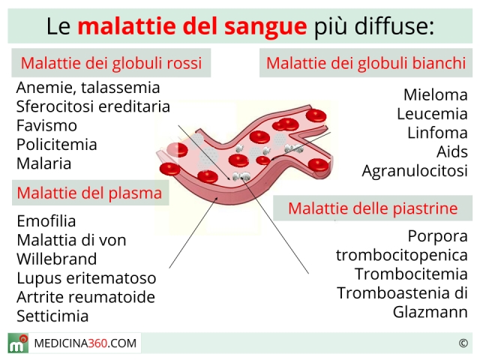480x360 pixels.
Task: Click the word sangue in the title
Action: [x=265, y=27]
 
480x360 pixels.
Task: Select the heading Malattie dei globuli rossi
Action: [x=111, y=63]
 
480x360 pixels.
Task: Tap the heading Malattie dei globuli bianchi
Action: [x=366, y=63]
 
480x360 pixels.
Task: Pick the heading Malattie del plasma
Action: [x=89, y=193]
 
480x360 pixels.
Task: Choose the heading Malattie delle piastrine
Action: [x=373, y=208]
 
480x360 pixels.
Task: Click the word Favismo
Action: [x=46, y=125]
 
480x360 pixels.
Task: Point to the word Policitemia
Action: [x=57, y=145]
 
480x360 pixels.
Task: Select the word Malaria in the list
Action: [x=43, y=163]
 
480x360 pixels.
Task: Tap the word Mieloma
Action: [x=436, y=95]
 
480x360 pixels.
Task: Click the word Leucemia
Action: [x=432, y=114]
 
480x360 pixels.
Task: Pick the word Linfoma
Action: [x=437, y=133]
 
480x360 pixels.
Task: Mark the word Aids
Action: [x=452, y=151]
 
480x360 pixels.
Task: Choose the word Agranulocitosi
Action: [x=415, y=171]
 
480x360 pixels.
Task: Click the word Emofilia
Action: [x=46, y=221]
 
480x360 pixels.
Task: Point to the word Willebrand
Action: [x=57, y=259]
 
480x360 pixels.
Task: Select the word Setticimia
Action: [x=52, y=316]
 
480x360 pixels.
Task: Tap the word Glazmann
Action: [x=430, y=312]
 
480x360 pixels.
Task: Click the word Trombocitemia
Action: [x=411, y=274]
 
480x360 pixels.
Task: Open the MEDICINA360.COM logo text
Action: [x=85, y=343]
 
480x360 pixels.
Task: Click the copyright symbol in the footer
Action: [x=463, y=343]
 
